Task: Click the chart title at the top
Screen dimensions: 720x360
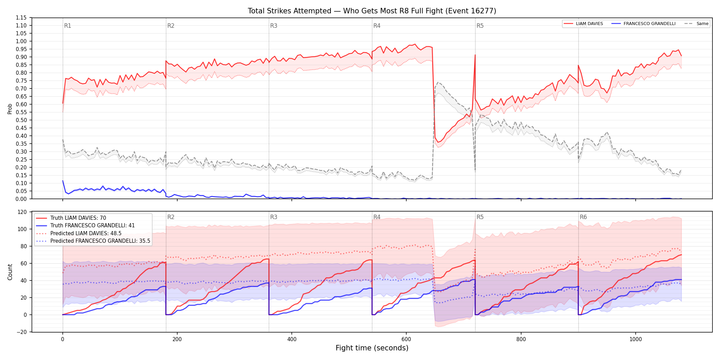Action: (372, 11)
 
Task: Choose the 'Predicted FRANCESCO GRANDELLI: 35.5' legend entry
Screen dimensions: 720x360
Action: (93, 241)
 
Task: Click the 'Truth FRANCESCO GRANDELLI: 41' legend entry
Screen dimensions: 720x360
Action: (85, 226)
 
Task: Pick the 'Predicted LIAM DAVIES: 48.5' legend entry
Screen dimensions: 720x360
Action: (79, 233)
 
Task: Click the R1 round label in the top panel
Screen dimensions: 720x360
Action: (68, 26)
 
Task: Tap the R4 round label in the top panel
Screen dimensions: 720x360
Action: (377, 26)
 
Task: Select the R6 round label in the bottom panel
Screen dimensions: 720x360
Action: (583, 217)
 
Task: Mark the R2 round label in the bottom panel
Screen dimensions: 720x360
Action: (171, 217)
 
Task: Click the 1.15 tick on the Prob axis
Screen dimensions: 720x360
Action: (21, 18)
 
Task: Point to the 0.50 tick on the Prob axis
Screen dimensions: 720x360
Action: (21, 120)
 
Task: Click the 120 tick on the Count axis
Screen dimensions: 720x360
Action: (22, 212)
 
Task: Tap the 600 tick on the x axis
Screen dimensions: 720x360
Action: (406, 339)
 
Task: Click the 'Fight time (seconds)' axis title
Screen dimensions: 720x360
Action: (372, 348)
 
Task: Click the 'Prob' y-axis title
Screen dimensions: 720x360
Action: (10, 109)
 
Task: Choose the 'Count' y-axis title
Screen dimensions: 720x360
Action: (10, 272)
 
